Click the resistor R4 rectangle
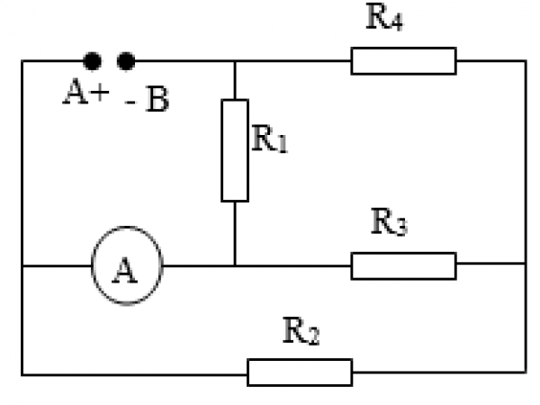click(403, 61)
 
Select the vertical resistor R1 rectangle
click(234, 150)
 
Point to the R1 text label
click(267, 142)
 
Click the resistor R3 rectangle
click(403, 265)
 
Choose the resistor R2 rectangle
click(300, 372)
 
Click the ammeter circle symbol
click(126, 266)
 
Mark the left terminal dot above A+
click(92, 61)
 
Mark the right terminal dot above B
click(126, 61)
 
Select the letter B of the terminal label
click(157, 101)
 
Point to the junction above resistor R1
click(234, 61)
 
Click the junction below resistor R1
click(234, 265)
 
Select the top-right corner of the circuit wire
click(526, 61)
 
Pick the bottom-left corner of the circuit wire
click(22, 372)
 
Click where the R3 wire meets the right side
click(526, 265)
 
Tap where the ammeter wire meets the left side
click(22, 266)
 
